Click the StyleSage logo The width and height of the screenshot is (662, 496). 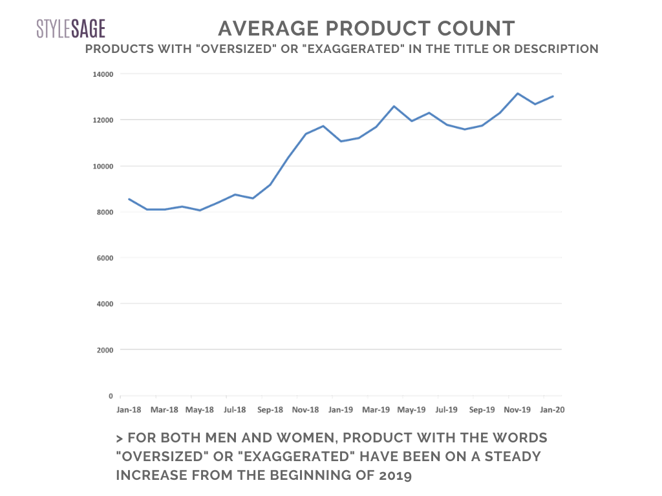click(70, 28)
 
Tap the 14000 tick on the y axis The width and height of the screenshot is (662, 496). click(100, 74)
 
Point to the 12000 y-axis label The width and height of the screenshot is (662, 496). click(100, 120)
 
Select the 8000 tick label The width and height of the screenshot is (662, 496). click(102, 212)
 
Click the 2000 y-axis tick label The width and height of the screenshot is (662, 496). click(102, 350)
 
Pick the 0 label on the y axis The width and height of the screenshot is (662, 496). click(110, 396)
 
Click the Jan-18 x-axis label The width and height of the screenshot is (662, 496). click(129, 409)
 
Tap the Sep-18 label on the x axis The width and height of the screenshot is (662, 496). click(270, 409)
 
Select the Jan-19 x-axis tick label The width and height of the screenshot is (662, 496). click(340, 409)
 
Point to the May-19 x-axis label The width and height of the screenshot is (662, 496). click(411, 409)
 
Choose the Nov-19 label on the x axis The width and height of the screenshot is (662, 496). click(517, 409)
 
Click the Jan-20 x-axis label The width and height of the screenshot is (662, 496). click(551, 409)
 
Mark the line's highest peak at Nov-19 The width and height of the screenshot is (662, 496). click(517, 94)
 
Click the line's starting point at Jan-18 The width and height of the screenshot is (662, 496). click(129, 199)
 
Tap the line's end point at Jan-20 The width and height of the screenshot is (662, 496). click(553, 96)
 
